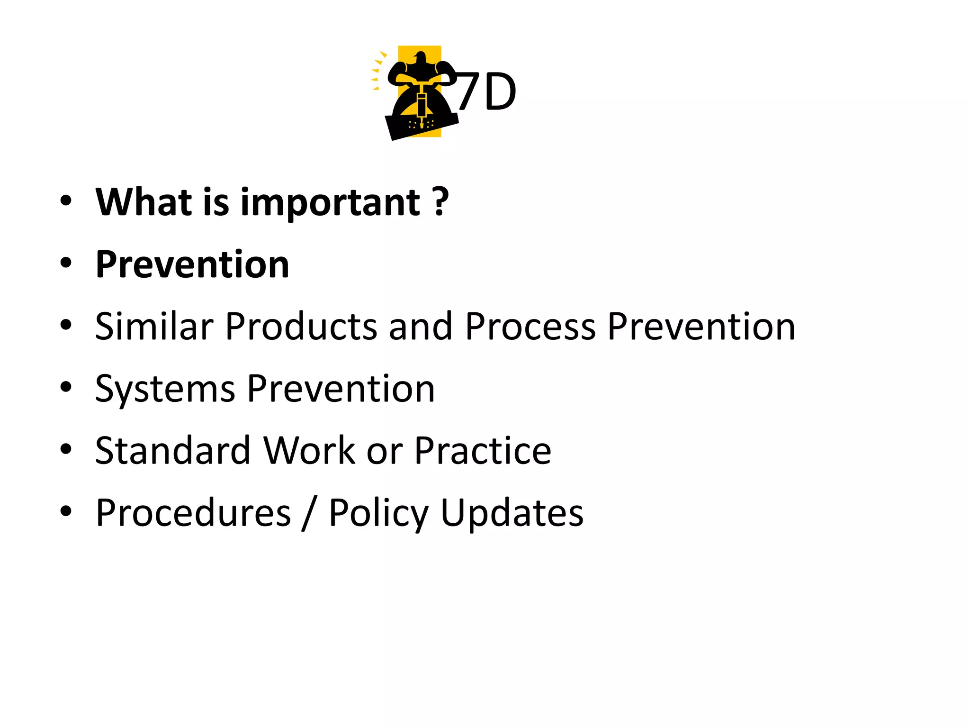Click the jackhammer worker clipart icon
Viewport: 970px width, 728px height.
click(x=419, y=92)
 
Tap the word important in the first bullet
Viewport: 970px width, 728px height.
click(x=330, y=203)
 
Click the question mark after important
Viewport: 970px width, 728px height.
click(x=440, y=202)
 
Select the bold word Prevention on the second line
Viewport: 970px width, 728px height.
click(x=192, y=264)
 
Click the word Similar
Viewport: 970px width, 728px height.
click(x=154, y=327)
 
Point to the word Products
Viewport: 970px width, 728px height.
click(x=301, y=327)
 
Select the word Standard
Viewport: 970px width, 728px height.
click(x=173, y=450)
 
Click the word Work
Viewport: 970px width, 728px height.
click(x=309, y=450)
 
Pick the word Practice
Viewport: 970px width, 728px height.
click(x=483, y=450)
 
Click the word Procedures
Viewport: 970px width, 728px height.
click(x=193, y=513)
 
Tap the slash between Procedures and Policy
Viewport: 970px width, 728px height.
click(x=309, y=514)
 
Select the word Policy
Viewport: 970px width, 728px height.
click(x=378, y=514)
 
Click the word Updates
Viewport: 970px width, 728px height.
click(x=512, y=514)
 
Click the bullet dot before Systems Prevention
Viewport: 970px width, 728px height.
click(x=66, y=387)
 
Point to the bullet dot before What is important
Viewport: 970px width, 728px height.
click(x=66, y=201)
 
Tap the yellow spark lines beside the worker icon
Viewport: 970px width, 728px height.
click(x=377, y=71)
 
